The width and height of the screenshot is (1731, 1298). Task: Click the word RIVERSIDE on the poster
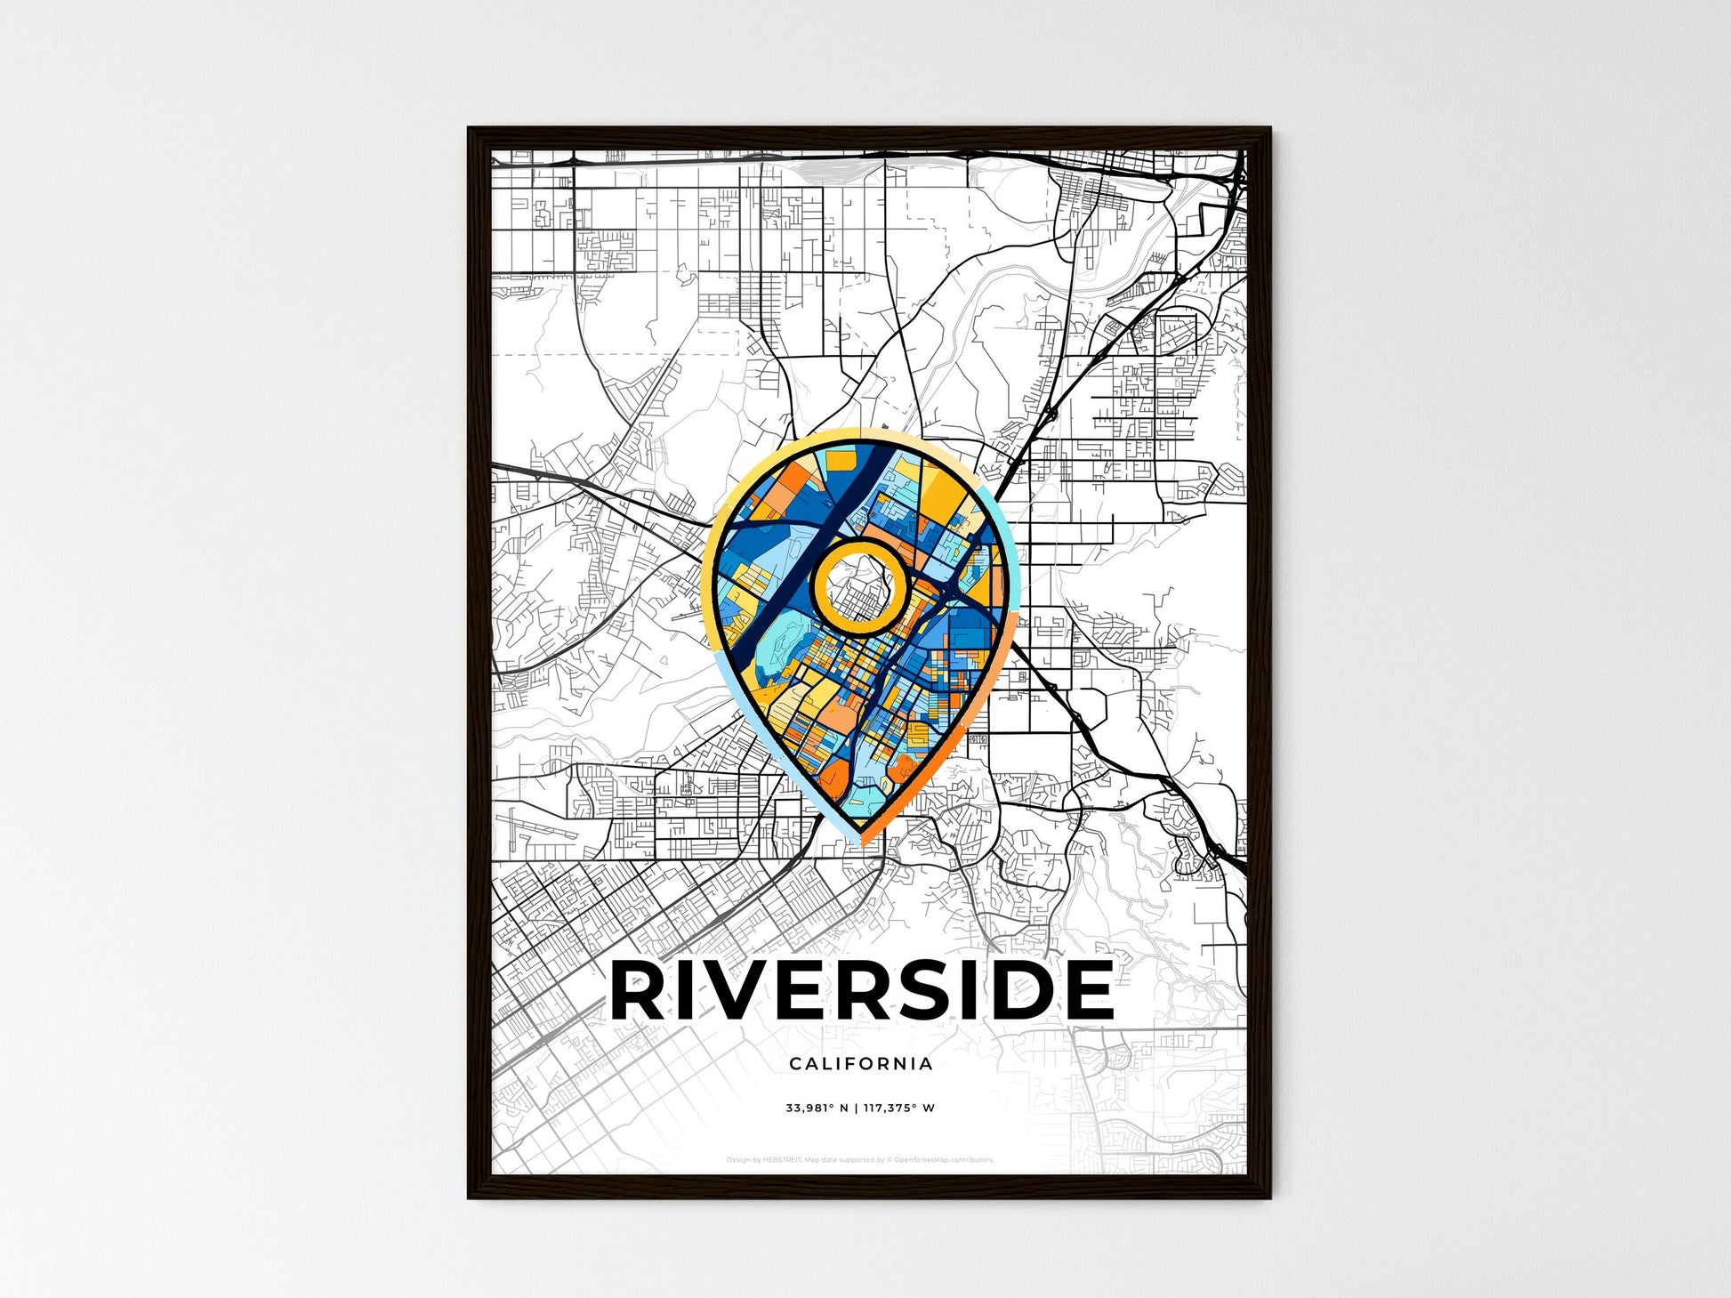click(861, 989)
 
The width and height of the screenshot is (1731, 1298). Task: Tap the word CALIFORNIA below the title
click(860, 1063)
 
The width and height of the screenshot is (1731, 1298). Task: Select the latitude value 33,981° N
click(817, 1109)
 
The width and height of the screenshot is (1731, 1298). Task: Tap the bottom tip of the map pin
click(860, 840)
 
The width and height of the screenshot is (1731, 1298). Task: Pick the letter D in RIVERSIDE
click(1023, 989)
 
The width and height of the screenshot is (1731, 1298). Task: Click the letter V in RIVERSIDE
click(745, 989)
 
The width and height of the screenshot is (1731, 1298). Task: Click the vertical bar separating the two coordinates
click(856, 1109)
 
